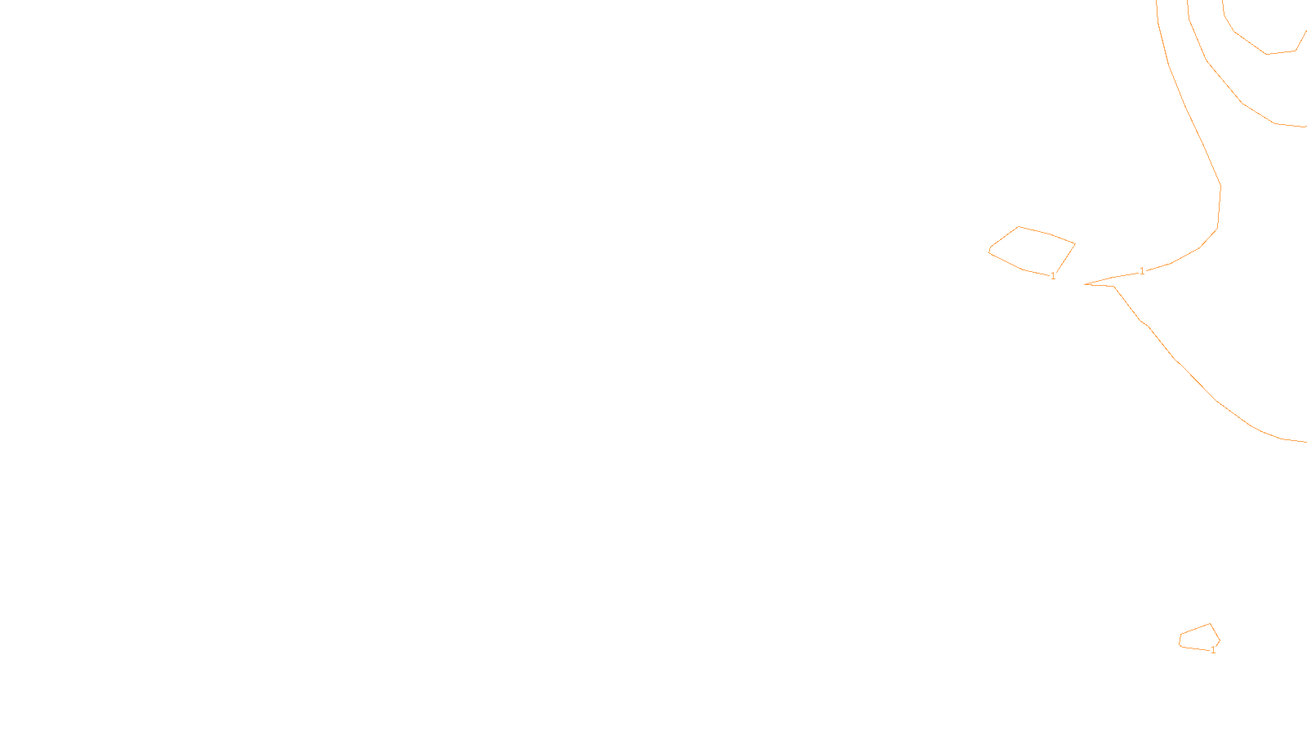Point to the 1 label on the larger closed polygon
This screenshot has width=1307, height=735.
coord(1053,276)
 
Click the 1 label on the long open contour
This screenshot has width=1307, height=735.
coord(1142,270)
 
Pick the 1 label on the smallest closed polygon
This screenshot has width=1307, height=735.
coord(1213,650)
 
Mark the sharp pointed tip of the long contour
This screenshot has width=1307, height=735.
coord(1085,284)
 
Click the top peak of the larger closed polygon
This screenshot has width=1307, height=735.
coord(1019,227)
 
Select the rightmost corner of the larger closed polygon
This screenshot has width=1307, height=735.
coord(1074,243)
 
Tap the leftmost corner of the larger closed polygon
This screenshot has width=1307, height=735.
coord(989,251)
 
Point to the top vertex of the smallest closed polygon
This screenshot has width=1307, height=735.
coord(1210,624)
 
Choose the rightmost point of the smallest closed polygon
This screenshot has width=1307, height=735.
coord(1220,640)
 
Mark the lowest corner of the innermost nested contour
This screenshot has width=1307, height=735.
coord(1267,54)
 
